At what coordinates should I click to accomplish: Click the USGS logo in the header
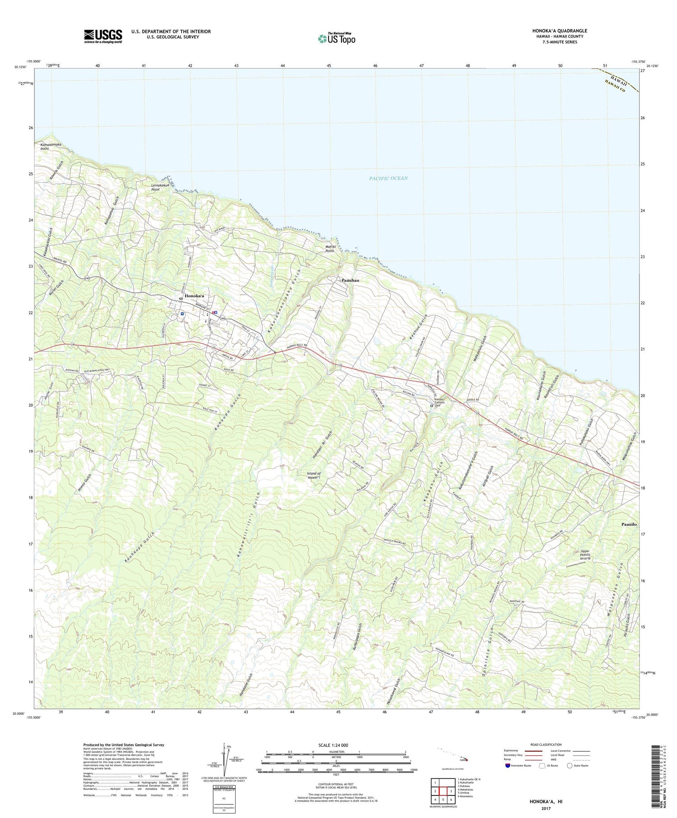click(x=103, y=36)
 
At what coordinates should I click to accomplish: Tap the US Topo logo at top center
click(x=336, y=38)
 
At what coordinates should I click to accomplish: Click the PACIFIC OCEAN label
click(x=388, y=178)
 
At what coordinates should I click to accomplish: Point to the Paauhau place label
click(x=350, y=280)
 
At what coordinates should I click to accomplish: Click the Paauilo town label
click(x=629, y=524)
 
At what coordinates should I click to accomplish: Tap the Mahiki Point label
click(x=330, y=249)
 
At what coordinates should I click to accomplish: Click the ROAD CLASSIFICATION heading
click(x=546, y=744)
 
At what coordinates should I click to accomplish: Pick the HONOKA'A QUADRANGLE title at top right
click(x=560, y=31)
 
